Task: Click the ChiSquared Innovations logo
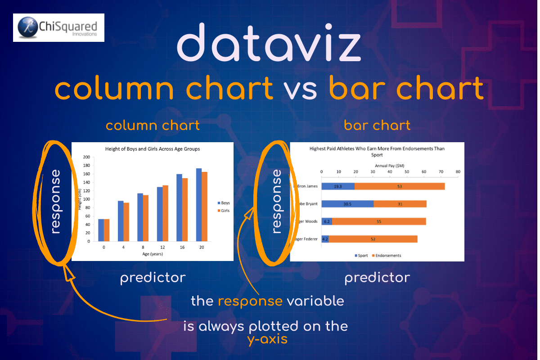pyautogui.click(x=59, y=27)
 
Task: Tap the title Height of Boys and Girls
pyautogui.click(x=152, y=148)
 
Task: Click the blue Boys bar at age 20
pyautogui.click(x=199, y=205)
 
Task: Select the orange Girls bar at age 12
pyautogui.click(x=165, y=213)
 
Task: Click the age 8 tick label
pyautogui.click(x=143, y=247)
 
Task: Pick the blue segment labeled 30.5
pyautogui.click(x=347, y=204)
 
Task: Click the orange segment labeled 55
pyautogui.click(x=378, y=221)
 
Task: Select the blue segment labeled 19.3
pyautogui.click(x=338, y=186)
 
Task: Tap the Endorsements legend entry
pyautogui.click(x=386, y=256)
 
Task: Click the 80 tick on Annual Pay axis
pyautogui.click(x=458, y=171)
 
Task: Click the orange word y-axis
pyautogui.click(x=267, y=339)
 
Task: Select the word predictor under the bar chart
pyautogui.click(x=377, y=278)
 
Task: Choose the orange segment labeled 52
pyautogui.click(x=373, y=239)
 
